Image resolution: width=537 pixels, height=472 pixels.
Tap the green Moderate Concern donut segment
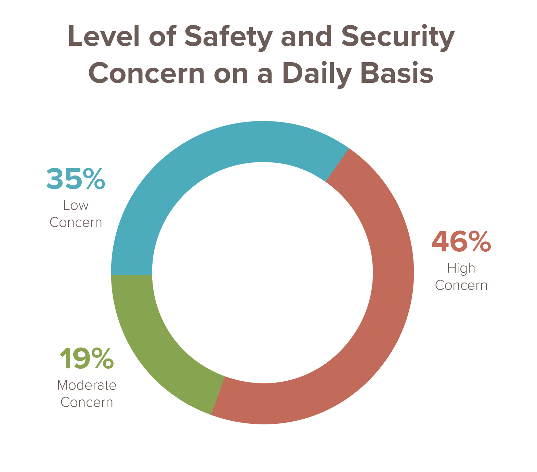154,345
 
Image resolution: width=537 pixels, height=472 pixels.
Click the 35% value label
76,179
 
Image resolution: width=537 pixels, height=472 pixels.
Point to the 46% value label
461,241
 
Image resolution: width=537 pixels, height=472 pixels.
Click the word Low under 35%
76,205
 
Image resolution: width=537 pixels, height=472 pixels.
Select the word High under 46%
461,268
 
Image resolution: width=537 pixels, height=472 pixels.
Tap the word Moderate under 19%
87,385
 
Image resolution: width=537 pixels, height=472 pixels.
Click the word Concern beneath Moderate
87,402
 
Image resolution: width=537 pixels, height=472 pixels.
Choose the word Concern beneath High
461,285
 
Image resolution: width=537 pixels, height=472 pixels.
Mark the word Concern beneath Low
76,222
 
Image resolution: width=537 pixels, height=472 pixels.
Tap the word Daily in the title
317,74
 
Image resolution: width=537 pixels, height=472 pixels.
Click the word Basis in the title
397,73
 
